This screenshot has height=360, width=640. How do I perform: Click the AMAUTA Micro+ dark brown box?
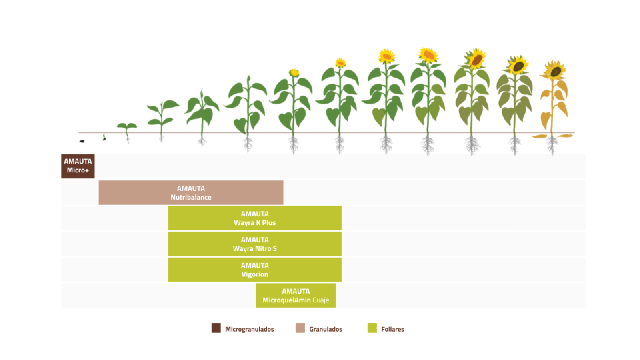click(78, 166)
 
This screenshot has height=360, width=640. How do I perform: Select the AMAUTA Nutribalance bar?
click(191, 192)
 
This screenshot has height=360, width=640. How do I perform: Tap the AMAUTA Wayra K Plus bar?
click(254, 218)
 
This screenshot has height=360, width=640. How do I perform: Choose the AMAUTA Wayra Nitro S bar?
click(254, 244)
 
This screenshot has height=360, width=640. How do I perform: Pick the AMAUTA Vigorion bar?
click(254, 270)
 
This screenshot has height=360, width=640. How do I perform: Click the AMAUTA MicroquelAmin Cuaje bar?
click(296, 296)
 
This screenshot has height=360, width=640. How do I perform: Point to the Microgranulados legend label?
click(250, 329)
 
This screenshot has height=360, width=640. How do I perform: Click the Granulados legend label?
click(326, 329)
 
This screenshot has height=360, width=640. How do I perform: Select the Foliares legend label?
click(392, 329)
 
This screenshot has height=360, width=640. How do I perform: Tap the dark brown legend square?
click(216, 328)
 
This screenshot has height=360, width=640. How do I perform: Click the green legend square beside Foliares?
click(372, 328)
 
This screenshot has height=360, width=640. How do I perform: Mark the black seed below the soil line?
click(82, 141)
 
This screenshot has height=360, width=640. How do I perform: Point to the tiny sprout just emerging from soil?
click(104, 137)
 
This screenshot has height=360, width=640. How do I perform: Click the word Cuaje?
click(320, 300)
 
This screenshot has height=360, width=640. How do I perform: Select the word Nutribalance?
click(191, 197)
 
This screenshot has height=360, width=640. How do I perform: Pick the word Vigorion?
click(254, 274)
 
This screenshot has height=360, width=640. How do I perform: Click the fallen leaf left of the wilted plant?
click(540, 136)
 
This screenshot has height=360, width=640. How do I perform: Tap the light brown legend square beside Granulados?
click(300, 328)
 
